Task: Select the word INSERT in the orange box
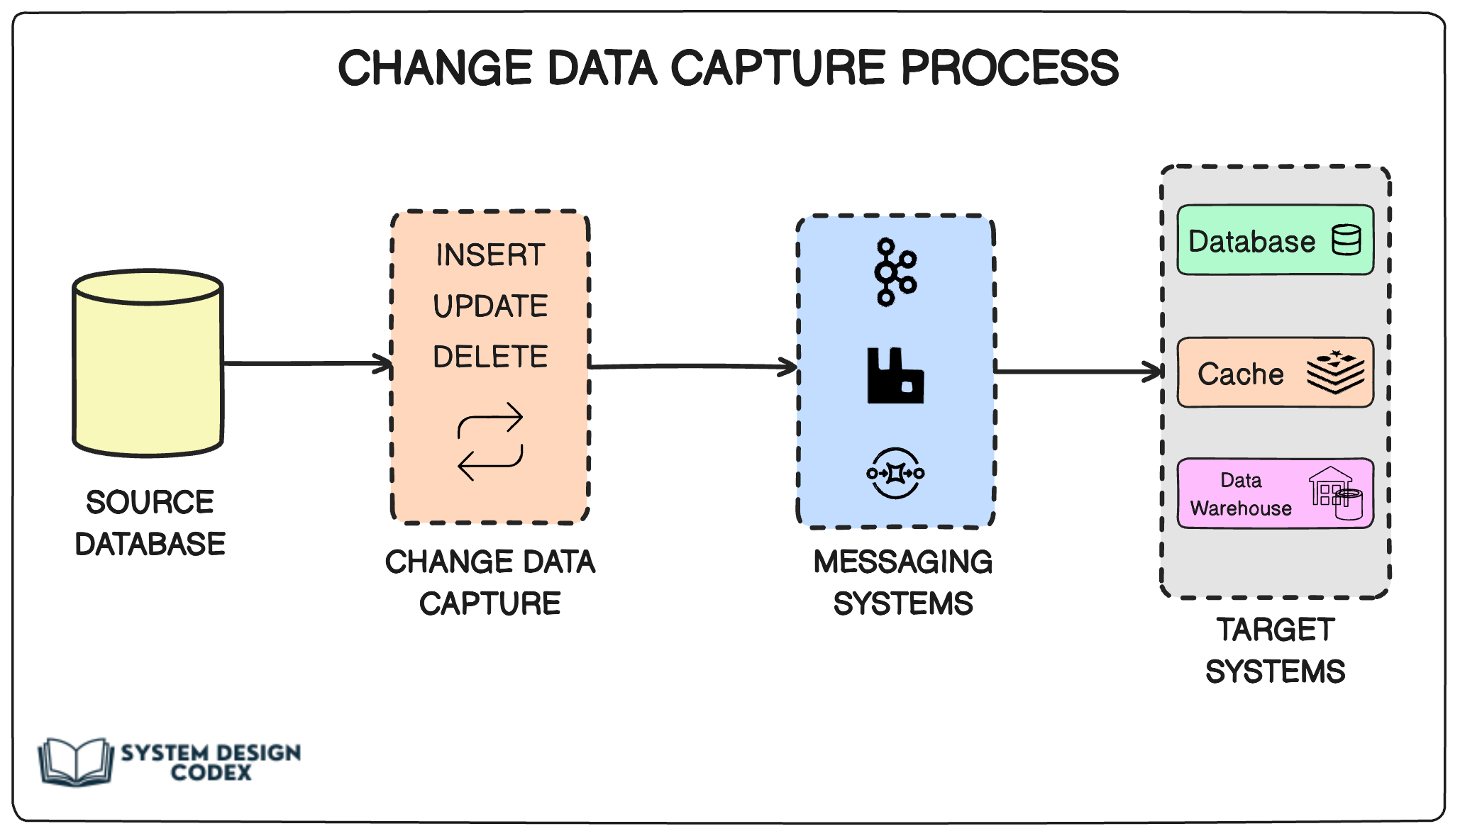tap(490, 255)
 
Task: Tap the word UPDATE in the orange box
tap(490, 306)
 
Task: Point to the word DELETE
tap(490, 357)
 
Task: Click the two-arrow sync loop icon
tap(490, 441)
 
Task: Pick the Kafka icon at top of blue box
tap(895, 272)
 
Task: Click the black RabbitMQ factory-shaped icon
tap(895, 376)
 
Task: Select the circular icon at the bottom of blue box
tap(895, 473)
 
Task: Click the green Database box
tap(1275, 240)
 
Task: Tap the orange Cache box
tap(1275, 373)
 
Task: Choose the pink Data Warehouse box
tap(1275, 494)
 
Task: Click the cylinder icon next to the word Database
tap(1346, 240)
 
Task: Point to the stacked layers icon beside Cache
tap(1336, 372)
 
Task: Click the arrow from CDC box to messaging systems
tap(692, 366)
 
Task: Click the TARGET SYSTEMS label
tap(1275, 651)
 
